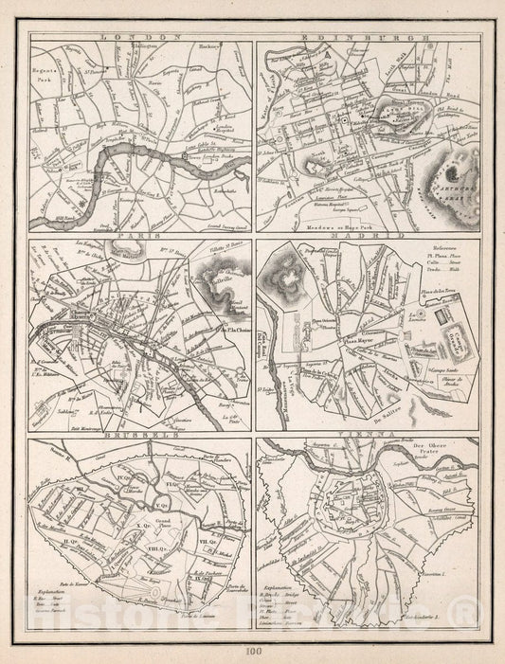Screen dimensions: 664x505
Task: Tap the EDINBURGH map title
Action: tap(368, 37)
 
